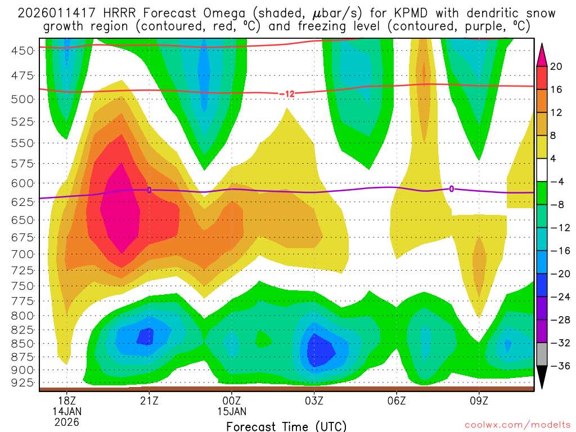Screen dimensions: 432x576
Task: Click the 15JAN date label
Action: [x=232, y=411]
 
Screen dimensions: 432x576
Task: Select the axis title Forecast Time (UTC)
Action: [x=286, y=426]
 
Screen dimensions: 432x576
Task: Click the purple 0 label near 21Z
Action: [x=149, y=190]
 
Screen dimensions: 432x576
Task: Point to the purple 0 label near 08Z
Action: [x=451, y=189]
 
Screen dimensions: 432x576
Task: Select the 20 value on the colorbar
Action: [x=556, y=66]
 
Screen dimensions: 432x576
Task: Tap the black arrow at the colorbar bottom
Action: [x=542, y=377]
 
